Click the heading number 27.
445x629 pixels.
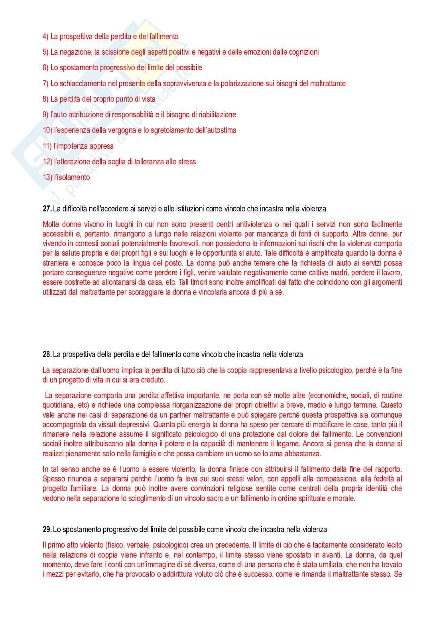tap(47, 209)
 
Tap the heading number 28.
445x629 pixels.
tap(47, 354)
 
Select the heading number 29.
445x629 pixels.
tap(47, 529)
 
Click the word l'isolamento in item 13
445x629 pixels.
tap(72, 177)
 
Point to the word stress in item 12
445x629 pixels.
tap(187, 162)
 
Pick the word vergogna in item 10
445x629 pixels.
tap(122, 130)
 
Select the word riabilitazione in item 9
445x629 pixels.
tap(217, 114)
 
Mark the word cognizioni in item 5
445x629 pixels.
tap(303, 52)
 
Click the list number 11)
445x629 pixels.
tap(47, 146)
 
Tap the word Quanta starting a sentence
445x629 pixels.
tap(163, 424)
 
